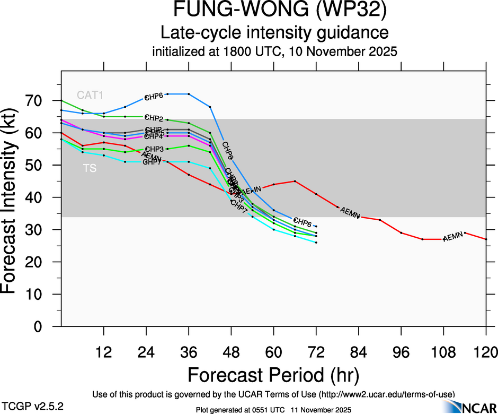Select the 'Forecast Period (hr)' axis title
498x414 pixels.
click(273, 375)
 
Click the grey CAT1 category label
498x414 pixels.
click(90, 96)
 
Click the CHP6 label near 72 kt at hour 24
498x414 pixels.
click(154, 97)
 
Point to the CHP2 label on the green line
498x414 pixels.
click(154, 118)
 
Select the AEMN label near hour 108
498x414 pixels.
click(453, 237)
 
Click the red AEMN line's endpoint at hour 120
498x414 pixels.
click(486, 239)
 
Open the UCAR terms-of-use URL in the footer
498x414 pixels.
click(387, 394)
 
